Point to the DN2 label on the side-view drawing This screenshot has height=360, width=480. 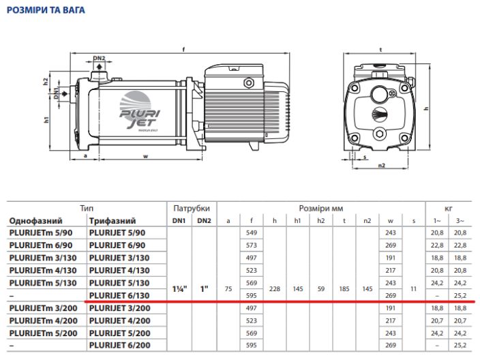pos(99,59)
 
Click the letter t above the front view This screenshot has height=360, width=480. pos(380,48)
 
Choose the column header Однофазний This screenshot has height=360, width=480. pos(35,221)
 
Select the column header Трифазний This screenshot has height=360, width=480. pos(112,221)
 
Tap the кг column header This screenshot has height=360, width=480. pos(448,208)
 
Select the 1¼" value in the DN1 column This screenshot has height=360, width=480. pos(181,288)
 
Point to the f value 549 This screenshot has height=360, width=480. pos(252,232)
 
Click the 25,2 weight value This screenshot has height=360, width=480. pos(461,295)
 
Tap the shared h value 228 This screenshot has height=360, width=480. pos(274,288)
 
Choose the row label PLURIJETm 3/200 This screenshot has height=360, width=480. pos(41,308)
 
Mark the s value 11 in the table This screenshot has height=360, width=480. pos(413,288)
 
